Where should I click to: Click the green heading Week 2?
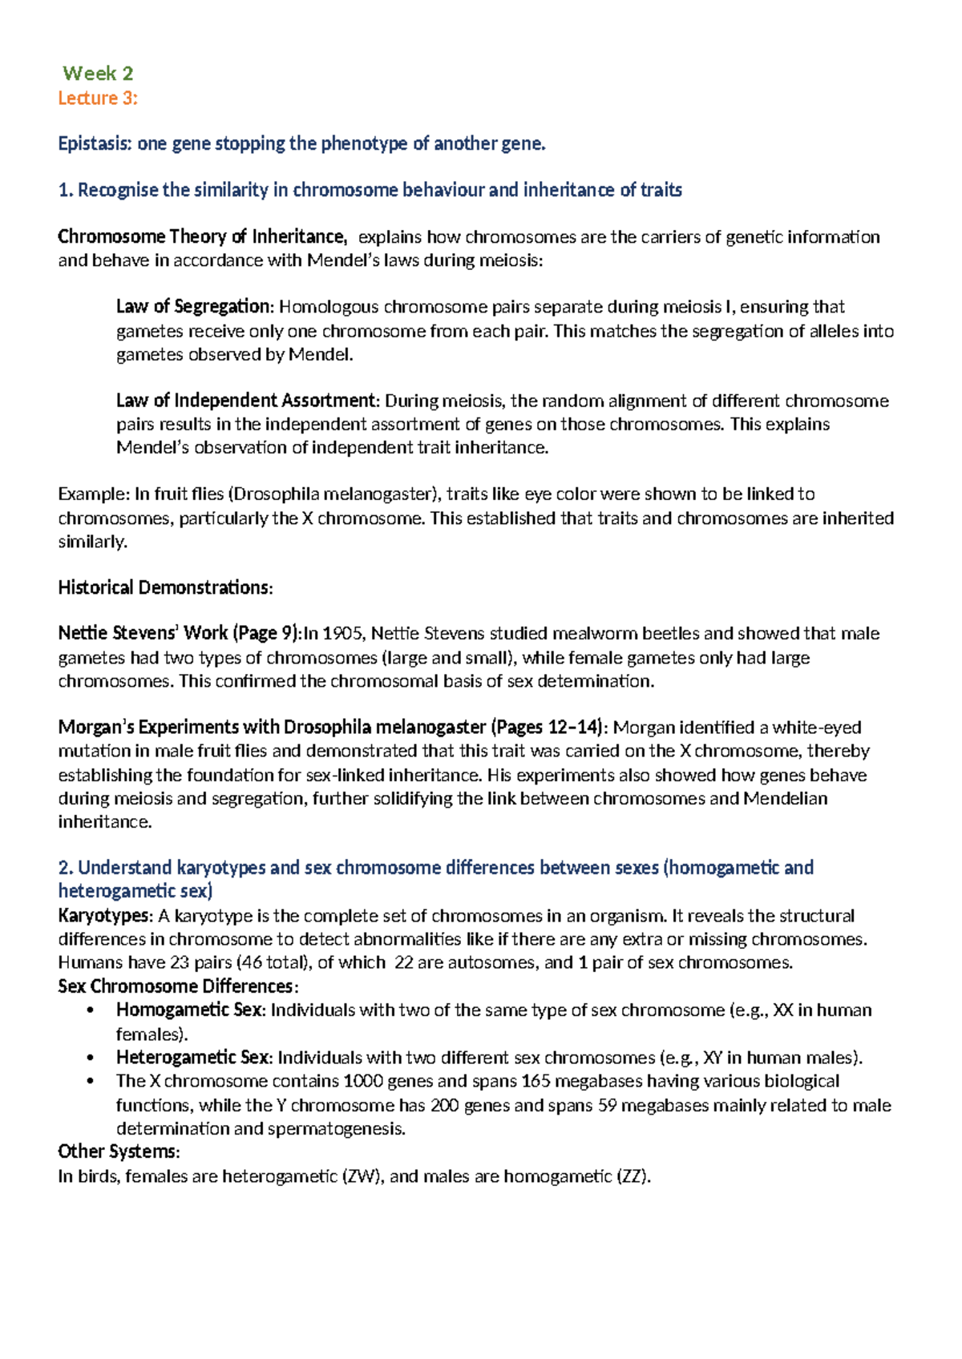tap(98, 74)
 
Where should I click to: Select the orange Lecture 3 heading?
tap(98, 99)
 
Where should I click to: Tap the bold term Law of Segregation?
tap(194, 307)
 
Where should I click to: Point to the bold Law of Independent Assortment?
tap(245, 401)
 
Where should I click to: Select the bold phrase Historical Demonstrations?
tap(164, 588)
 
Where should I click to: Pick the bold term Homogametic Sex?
tap(189, 1010)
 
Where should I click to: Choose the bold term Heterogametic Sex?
tap(192, 1058)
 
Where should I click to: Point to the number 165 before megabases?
tap(536, 1081)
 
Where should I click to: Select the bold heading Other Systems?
tap(118, 1152)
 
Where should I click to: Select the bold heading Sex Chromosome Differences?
tap(177, 986)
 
